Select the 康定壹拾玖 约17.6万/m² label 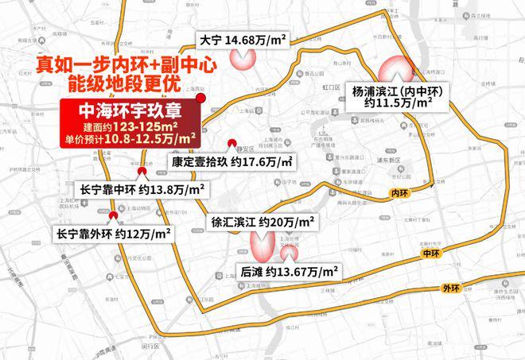pyautogui.click(x=231, y=162)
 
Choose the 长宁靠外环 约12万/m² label pyautogui.click(x=114, y=234)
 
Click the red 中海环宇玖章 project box pyautogui.click(x=131, y=123)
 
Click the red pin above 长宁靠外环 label pyautogui.click(x=113, y=215)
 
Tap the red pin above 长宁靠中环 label pyautogui.click(x=142, y=171)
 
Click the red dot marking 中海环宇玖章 pyautogui.click(x=203, y=98)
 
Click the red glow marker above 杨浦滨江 pyautogui.click(x=391, y=71)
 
